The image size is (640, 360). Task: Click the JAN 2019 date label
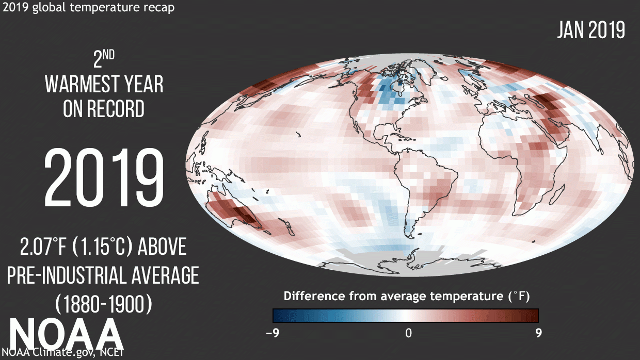pyautogui.click(x=591, y=30)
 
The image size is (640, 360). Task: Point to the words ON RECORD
pyautogui.click(x=103, y=109)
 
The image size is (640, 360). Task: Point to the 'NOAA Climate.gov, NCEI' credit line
pyautogui.click(x=62, y=353)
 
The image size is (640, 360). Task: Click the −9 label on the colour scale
pyautogui.click(x=272, y=333)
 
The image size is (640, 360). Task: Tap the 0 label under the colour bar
pyautogui.click(x=408, y=333)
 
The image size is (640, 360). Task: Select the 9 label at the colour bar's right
pyautogui.click(x=538, y=333)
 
